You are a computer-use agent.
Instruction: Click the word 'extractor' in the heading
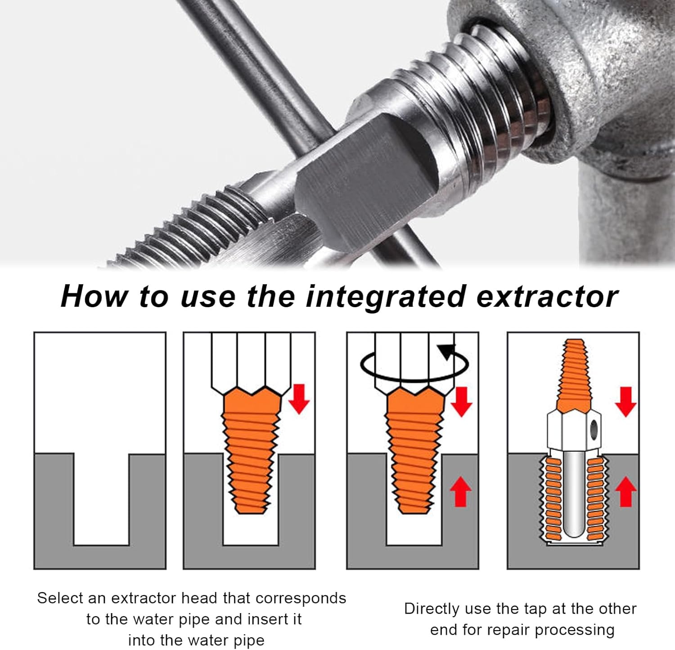[547, 297]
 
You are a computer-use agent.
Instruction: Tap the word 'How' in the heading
[94, 297]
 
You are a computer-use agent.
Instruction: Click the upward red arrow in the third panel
[460, 492]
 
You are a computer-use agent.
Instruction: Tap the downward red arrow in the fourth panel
[625, 401]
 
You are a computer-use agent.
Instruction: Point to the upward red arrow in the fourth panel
[625, 492]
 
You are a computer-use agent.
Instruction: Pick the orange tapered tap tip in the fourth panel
[574, 373]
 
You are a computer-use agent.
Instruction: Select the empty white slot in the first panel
[101, 495]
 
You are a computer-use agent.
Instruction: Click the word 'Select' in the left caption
[60, 598]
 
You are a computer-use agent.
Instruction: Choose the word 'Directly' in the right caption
[432, 609]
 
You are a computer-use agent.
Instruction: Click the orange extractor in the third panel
[414, 450]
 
